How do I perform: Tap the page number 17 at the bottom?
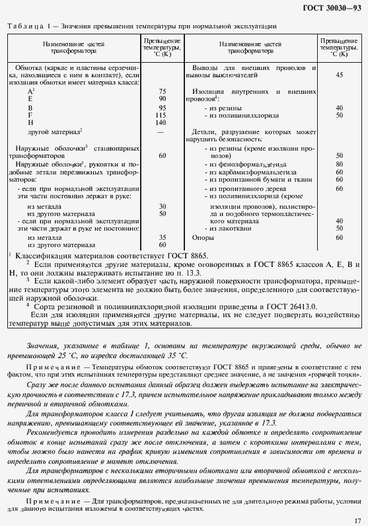357,521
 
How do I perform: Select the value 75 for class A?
162,91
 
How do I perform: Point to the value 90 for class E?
162,98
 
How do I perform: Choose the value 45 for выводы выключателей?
340,75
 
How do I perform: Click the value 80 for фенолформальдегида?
340,163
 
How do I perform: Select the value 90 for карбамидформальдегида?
340,171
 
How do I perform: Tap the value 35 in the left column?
162,237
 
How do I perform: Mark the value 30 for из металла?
162,206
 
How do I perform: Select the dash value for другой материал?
162,132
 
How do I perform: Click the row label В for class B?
30,107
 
